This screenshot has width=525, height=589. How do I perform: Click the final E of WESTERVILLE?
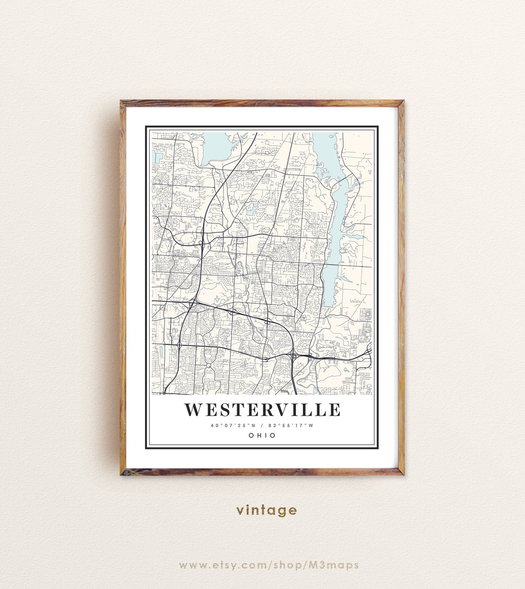coord(334,410)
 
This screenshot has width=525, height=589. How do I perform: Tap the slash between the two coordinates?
coord(262,426)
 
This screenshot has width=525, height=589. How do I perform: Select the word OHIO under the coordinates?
coord(262,435)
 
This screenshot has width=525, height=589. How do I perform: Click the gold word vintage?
coord(266,510)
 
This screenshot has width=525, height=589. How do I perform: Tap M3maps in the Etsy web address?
coord(341,565)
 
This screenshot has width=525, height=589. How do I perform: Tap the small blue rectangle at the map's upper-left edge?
coord(155,157)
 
